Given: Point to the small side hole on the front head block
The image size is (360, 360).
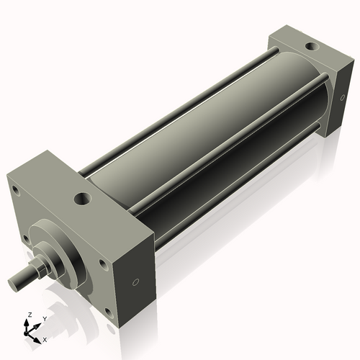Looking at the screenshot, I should coord(135,282).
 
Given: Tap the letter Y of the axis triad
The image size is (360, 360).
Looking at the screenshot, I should coord(45,318).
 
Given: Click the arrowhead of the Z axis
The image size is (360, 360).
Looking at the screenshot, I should coord(27,323).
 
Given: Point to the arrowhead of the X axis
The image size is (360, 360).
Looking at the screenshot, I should coord(39,335).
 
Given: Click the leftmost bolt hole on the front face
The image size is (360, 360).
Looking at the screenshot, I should coord(14,190).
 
